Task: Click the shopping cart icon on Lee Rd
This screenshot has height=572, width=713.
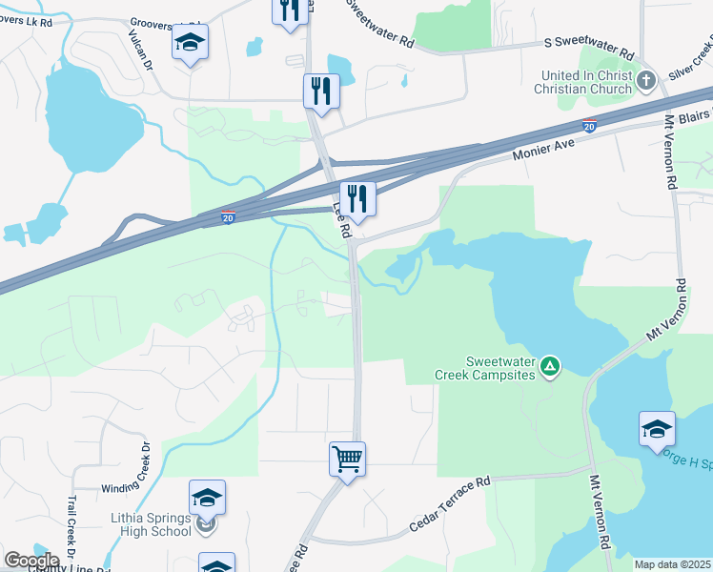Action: click(x=347, y=460)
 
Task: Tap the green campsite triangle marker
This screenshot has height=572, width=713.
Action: click(x=550, y=365)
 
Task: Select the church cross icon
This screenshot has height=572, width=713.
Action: click(x=646, y=79)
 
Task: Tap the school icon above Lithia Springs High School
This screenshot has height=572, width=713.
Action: click(x=207, y=497)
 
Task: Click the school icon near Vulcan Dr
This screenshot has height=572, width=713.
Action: click(x=190, y=43)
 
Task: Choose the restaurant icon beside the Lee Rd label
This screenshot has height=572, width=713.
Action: click(x=357, y=197)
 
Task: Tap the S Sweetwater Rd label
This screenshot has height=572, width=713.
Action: click(x=588, y=43)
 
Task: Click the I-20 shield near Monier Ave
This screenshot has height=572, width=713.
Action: click(x=590, y=125)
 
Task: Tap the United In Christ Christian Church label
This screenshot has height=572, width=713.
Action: click(x=586, y=82)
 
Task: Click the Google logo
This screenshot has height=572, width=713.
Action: click(x=31, y=561)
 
